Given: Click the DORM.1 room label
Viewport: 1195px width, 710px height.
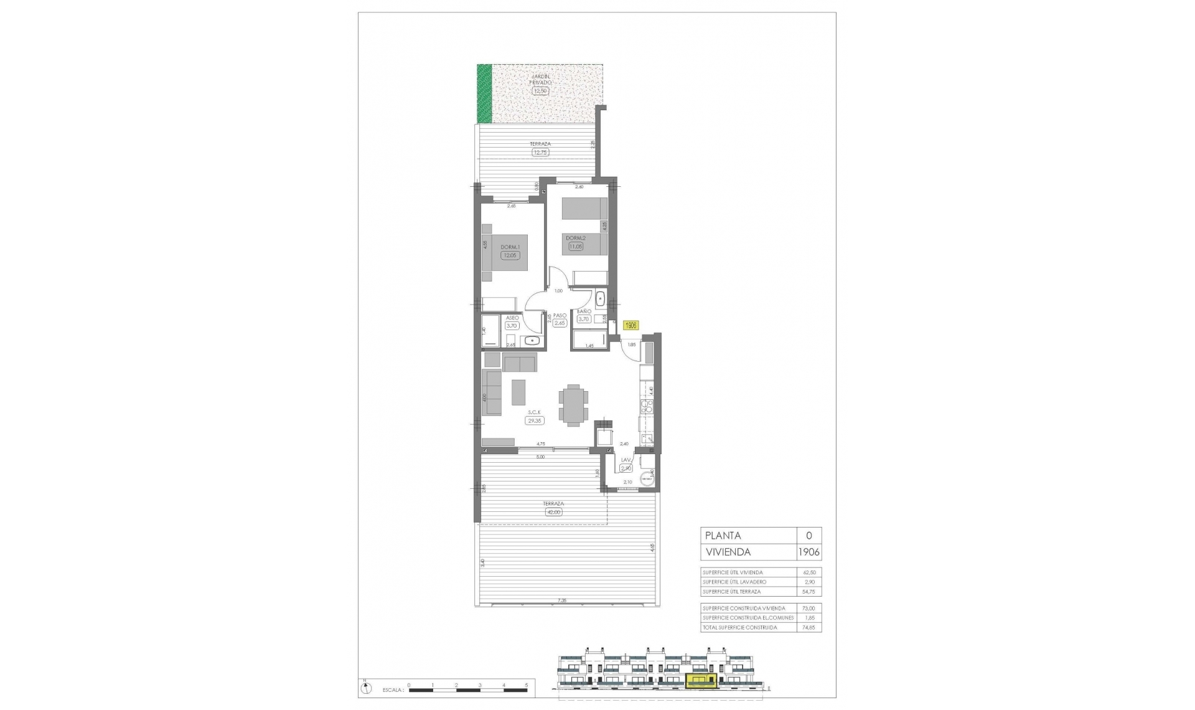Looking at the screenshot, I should tap(510, 247).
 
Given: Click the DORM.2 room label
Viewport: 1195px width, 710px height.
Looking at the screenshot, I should tap(575, 238).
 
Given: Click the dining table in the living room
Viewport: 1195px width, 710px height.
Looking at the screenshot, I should tap(572, 405).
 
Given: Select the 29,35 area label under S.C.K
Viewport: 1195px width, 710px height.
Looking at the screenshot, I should tap(535, 420).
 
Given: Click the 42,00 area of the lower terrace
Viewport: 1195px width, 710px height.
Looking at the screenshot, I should tap(553, 512).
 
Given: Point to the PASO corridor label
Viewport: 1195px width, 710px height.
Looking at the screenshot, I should tap(560, 316).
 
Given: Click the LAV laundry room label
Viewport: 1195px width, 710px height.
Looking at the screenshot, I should tap(626, 460).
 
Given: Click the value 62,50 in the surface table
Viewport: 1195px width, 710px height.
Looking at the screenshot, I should tap(809, 572).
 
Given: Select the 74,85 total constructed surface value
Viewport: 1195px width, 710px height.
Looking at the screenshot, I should tap(809, 628).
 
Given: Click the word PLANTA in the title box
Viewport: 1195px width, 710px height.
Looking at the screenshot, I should tap(723, 536).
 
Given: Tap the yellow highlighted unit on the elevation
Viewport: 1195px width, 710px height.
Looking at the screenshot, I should tap(701, 681).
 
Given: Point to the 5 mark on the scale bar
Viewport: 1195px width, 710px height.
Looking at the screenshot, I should tap(527, 684).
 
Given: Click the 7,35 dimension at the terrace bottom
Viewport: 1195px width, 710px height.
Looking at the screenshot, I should tap(562, 601).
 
